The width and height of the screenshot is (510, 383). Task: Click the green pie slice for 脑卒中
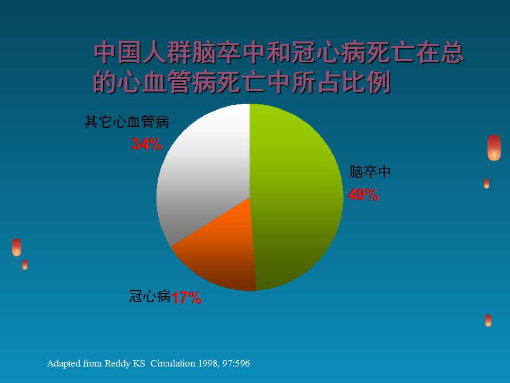click(x=297, y=197)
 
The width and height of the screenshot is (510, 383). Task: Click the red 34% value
click(x=147, y=144)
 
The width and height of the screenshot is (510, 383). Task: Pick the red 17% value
click(x=186, y=298)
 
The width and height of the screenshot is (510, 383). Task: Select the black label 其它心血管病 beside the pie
click(x=127, y=122)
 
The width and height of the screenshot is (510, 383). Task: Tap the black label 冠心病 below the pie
click(x=150, y=296)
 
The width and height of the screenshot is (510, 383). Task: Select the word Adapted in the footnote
click(x=64, y=364)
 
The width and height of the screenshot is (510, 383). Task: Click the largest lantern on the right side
click(x=494, y=147)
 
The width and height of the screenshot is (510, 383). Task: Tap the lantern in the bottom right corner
click(x=488, y=320)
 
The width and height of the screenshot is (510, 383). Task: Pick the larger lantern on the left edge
click(x=16, y=247)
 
